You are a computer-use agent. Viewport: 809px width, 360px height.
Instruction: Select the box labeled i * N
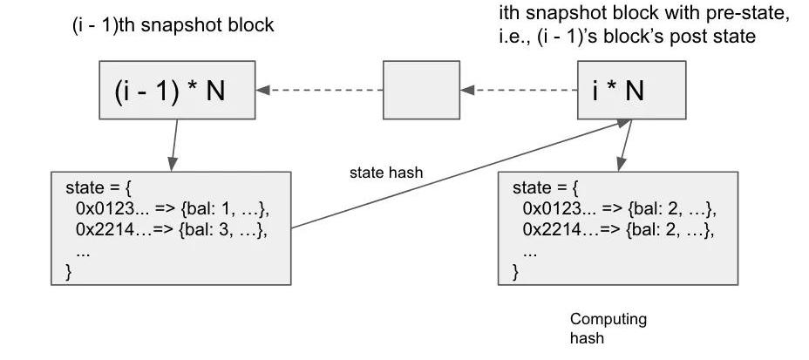[x=618, y=90]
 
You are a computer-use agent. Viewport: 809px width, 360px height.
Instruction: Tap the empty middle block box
[x=421, y=90]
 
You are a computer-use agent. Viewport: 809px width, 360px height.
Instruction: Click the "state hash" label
[x=386, y=173]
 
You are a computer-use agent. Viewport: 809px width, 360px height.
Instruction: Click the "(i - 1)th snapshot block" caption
[x=173, y=24]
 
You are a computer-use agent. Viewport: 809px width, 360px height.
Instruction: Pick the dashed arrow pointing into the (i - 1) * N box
[x=319, y=90]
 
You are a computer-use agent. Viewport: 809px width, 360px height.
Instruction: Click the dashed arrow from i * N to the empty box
[x=519, y=90]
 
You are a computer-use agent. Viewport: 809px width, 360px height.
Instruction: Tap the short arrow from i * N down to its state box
[x=624, y=146]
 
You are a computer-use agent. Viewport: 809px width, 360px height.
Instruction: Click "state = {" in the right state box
[x=544, y=188]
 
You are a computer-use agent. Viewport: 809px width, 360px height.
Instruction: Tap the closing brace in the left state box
[x=69, y=271]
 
